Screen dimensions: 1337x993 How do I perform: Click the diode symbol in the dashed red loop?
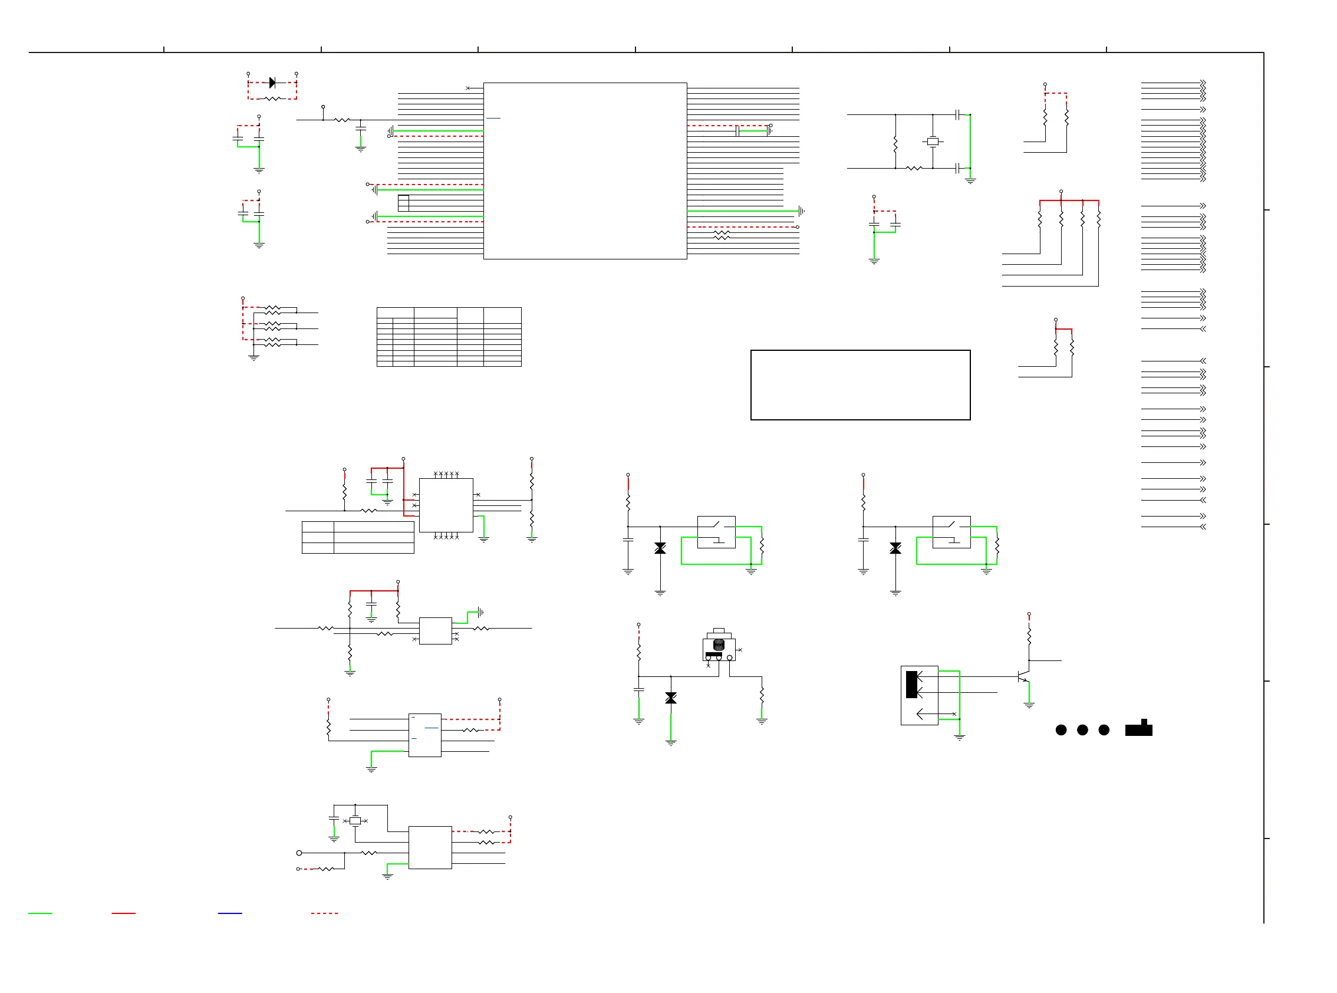click(272, 83)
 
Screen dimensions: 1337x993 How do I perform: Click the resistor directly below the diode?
click(272, 98)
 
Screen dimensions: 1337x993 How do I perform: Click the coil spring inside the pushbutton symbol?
click(718, 645)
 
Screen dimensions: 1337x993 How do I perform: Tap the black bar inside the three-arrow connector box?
click(911, 684)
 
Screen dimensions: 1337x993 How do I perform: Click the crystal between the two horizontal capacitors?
click(933, 142)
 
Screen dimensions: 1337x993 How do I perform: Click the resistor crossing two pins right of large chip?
click(721, 235)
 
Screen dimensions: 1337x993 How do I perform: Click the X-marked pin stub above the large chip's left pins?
click(468, 88)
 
